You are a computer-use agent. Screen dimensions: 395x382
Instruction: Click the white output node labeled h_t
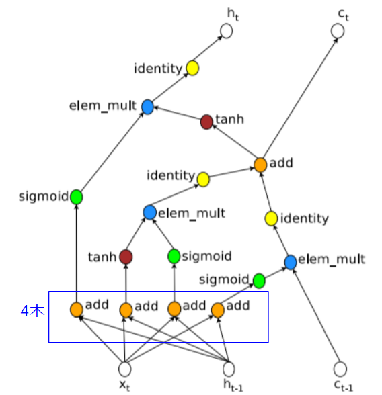click(226, 31)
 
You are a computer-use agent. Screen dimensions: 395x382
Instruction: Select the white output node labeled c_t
click(338, 31)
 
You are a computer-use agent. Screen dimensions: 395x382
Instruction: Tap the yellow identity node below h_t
click(192, 68)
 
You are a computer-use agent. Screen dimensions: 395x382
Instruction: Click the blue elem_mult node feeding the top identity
click(148, 106)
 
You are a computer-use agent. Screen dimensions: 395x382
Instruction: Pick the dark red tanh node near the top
click(207, 122)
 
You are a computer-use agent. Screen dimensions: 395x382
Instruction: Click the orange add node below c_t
click(260, 164)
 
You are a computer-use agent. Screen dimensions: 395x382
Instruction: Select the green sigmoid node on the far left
click(76, 197)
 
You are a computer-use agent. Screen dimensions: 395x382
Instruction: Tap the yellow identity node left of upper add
click(202, 178)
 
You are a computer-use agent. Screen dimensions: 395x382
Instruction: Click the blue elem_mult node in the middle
click(149, 213)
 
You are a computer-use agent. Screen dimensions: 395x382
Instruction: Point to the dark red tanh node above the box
click(125, 257)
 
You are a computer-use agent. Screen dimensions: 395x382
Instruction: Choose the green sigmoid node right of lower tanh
click(174, 256)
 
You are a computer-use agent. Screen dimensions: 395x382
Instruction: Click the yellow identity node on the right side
click(271, 218)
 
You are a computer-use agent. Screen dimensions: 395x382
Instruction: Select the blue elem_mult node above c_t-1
click(291, 261)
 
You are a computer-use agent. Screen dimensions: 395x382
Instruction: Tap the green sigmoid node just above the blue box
click(259, 279)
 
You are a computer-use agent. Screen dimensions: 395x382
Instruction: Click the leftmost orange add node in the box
click(77, 310)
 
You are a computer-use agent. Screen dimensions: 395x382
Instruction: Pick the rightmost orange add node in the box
click(218, 310)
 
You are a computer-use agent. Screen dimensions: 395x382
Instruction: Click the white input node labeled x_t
click(124, 369)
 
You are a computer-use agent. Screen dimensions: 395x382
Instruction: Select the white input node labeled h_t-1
click(229, 369)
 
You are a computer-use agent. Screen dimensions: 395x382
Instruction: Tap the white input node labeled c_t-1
click(340, 369)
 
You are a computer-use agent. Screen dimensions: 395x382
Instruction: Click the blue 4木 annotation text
click(33, 312)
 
